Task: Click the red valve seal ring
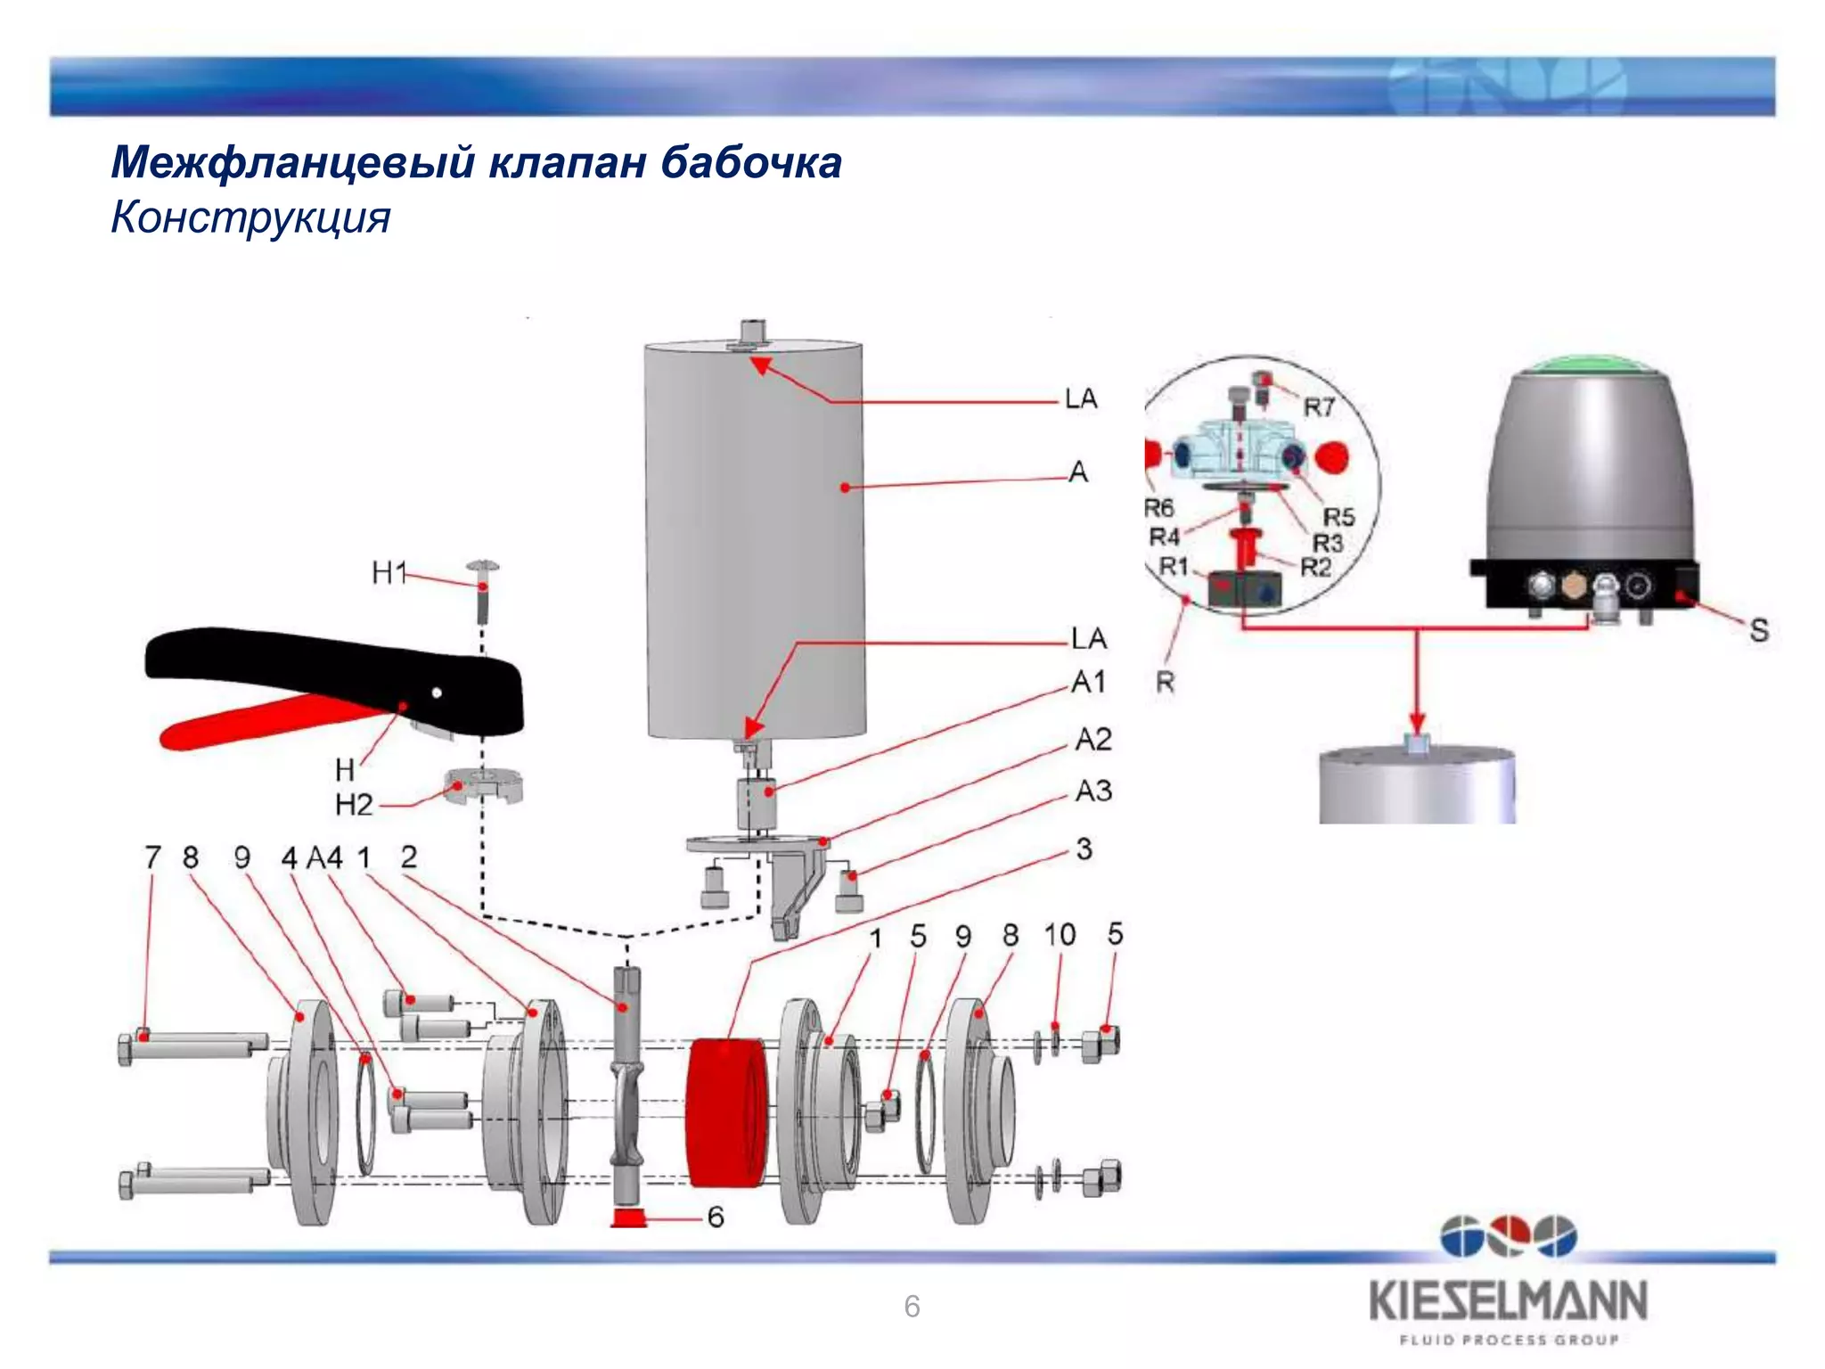[x=724, y=1111]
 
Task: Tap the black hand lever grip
[x=330, y=668]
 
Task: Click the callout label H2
[x=354, y=805]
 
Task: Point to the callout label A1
[x=1089, y=682]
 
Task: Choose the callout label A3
[x=1093, y=791]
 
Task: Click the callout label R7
[x=1319, y=407]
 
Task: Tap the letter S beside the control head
[x=1758, y=630]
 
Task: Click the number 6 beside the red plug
[x=716, y=1217]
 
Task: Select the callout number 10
[x=1060, y=935]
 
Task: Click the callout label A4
[x=324, y=857]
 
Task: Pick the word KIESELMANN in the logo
[x=1508, y=1301]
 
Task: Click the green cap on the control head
[x=1591, y=365]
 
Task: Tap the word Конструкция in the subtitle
[x=250, y=217]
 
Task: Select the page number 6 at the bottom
[x=912, y=1307]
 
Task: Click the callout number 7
[x=152, y=857]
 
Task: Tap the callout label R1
[x=1174, y=566]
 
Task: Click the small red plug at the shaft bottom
[x=628, y=1217]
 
